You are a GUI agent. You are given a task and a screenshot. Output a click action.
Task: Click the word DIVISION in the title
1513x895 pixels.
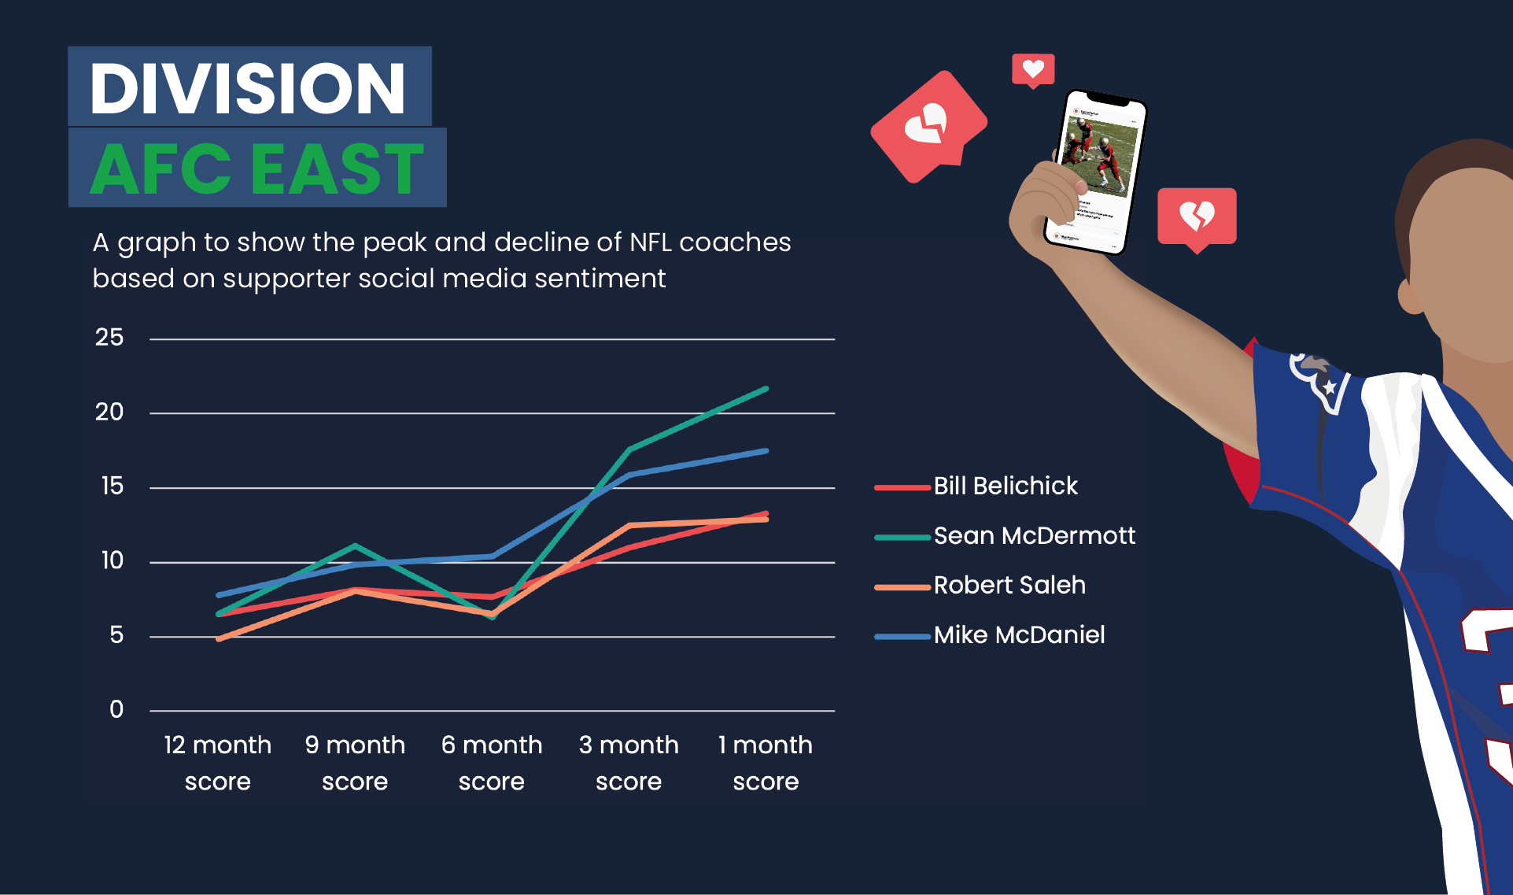248,87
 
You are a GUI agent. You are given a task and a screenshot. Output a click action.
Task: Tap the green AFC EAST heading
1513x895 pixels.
257,168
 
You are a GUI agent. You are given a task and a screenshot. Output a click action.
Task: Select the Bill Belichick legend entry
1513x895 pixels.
976,486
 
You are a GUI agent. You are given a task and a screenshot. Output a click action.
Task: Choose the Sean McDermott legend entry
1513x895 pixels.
1005,535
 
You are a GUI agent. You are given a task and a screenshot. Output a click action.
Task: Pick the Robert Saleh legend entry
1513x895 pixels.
980,585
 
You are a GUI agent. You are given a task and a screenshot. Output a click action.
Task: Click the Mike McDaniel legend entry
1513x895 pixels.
989,634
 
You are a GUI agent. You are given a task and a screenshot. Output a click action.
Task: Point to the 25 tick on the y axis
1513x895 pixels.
109,338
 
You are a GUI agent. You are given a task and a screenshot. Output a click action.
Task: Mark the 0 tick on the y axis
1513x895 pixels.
116,709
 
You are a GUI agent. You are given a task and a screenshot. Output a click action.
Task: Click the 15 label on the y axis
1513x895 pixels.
112,486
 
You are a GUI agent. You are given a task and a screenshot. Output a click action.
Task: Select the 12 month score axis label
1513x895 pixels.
217,763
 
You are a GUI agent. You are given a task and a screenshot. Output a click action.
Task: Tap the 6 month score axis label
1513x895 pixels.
492,763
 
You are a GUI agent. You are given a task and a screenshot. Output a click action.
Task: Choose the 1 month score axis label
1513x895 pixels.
766,763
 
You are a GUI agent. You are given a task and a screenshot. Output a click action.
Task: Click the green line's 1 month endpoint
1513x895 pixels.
766,388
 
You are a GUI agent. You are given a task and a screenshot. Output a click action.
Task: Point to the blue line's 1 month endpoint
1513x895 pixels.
766,451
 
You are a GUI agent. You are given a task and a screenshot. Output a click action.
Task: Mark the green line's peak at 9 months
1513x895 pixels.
356,545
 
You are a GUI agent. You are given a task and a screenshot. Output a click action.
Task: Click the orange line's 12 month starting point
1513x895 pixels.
218,639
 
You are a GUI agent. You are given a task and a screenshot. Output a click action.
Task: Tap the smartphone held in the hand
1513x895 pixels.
1095,172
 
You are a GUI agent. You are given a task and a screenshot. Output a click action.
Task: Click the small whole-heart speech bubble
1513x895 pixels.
1033,71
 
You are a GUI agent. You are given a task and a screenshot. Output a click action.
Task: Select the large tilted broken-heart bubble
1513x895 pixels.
929,127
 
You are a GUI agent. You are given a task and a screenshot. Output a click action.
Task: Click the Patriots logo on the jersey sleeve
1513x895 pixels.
1319,382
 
